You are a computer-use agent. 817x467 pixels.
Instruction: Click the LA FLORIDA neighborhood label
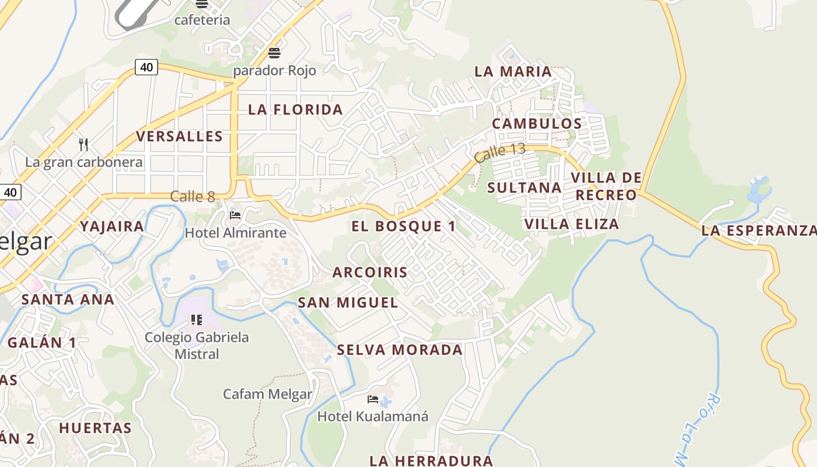tap(295, 110)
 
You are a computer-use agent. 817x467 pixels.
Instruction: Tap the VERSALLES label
tap(180, 137)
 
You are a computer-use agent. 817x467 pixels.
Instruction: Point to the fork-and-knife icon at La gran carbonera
tap(83, 144)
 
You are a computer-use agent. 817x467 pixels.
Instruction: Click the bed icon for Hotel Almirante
tap(235, 215)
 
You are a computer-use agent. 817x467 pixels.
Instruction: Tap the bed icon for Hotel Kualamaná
tap(372, 399)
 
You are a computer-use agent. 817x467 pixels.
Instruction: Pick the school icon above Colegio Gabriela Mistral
tap(197, 319)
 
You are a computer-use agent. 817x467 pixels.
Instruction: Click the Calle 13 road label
tap(500, 152)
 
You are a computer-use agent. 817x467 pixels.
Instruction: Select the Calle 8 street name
tap(193, 196)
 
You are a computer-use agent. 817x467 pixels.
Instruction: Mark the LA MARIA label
tap(513, 72)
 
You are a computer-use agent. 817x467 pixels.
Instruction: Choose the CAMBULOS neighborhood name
tap(537, 124)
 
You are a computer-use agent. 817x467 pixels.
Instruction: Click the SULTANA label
tap(524, 188)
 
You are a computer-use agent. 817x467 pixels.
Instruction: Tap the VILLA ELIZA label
tap(571, 224)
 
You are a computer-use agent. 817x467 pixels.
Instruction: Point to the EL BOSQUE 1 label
tap(404, 226)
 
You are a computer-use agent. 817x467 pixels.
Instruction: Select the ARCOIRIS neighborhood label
tap(370, 273)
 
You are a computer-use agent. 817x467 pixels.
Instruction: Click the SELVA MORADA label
tap(400, 350)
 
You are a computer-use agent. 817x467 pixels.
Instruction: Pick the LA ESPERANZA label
tap(758, 231)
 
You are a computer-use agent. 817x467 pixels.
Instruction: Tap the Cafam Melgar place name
tap(267, 394)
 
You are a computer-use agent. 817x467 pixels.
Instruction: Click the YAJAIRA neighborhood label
tap(112, 226)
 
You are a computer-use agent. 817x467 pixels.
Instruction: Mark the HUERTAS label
tap(95, 428)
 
